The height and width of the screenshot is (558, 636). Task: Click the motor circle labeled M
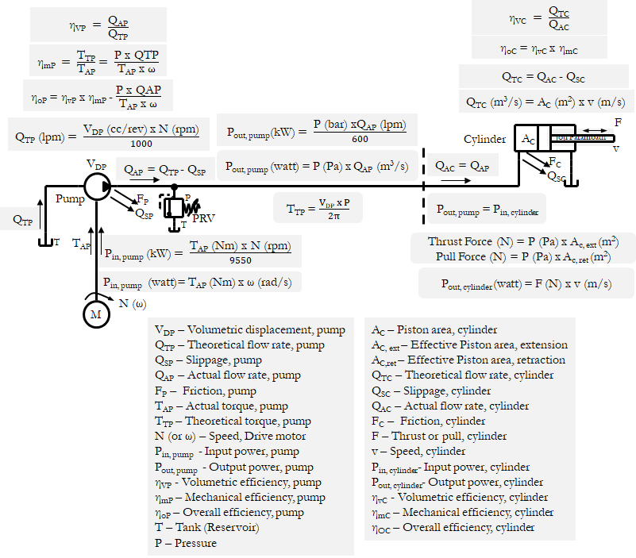click(96, 314)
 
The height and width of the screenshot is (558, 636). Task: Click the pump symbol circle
click(96, 185)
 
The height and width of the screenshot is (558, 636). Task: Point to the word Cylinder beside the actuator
click(484, 140)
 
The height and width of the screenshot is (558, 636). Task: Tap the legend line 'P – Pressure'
click(185, 543)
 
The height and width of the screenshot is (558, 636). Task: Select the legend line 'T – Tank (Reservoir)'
click(206, 528)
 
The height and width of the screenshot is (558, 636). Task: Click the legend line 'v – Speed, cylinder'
click(418, 452)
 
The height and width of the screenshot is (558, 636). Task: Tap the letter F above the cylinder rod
click(618, 122)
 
